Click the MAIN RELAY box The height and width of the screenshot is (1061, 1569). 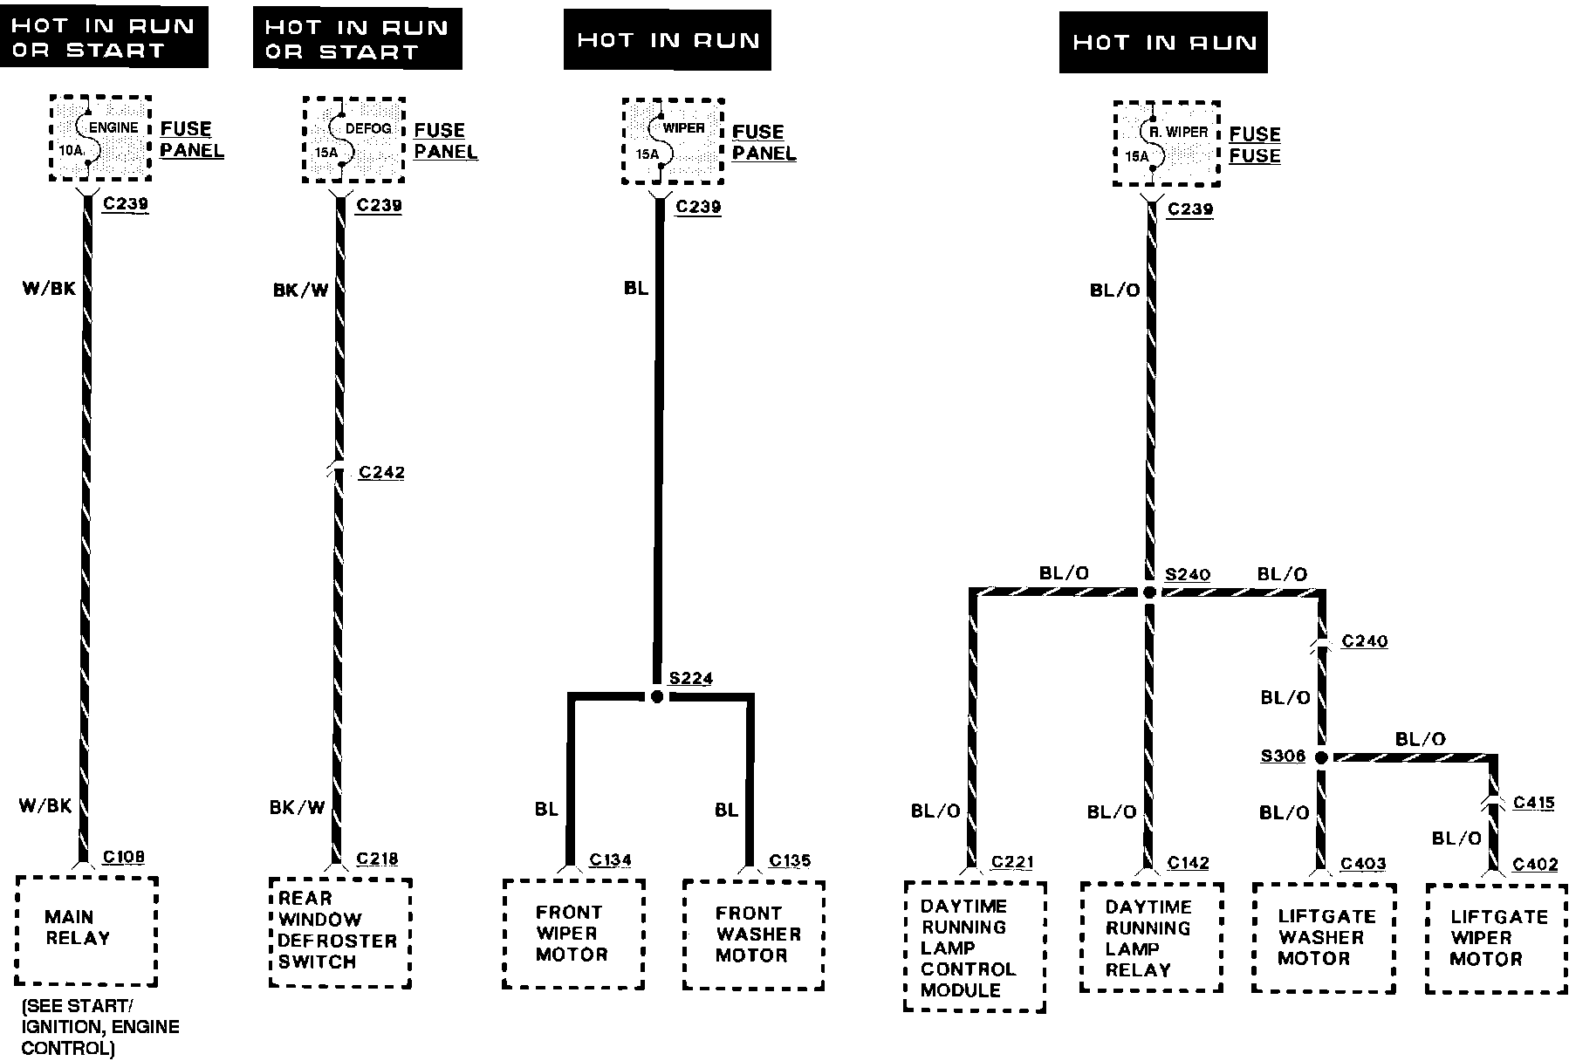tap(86, 930)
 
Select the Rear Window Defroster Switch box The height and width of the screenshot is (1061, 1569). tap(339, 932)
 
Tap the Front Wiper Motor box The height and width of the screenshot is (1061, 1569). tap(573, 934)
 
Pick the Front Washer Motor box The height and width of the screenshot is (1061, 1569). tap(753, 934)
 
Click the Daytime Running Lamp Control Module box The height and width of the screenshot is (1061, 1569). tap(974, 947)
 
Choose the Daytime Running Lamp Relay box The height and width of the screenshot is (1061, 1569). tap(1151, 937)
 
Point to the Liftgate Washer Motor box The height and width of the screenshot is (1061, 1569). tap(1323, 938)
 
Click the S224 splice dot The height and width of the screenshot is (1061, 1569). tap(657, 696)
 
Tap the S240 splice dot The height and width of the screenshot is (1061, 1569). tap(1149, 592)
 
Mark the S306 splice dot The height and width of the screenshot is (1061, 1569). tap(1321, 757)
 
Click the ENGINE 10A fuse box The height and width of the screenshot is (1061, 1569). tap(100, 139)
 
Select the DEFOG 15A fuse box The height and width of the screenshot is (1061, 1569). tap(353, 140)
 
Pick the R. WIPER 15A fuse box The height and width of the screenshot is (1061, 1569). tap(1166, 144)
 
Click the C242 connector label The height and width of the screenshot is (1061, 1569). tap(381, 473)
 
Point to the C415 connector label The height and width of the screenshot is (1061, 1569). tap(1533, 803)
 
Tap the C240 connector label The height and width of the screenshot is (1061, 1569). tap(1364, 642)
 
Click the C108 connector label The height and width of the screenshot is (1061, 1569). tap(123, 857)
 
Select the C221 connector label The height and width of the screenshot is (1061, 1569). tap(1011, 862)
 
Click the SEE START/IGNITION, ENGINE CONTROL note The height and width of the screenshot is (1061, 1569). tap(100, 1027)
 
